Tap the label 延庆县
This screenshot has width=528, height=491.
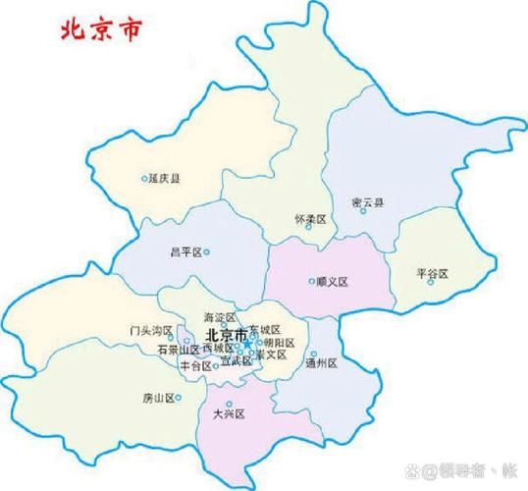point(166,179)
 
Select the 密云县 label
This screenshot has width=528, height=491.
point(367,203)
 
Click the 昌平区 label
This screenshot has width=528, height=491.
point(185,252)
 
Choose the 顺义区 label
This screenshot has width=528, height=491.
point(334,281)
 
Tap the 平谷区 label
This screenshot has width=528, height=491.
point(432,272)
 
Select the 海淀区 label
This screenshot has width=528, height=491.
point(220,318)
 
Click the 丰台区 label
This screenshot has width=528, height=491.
point(195,365)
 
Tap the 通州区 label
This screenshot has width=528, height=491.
point(321,363)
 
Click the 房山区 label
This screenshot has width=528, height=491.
point(157,399)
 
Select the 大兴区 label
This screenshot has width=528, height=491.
point(228,414)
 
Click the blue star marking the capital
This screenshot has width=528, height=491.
point(253,337)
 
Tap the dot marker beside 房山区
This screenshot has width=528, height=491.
point(179,398)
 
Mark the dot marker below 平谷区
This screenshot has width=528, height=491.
point(431,283)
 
